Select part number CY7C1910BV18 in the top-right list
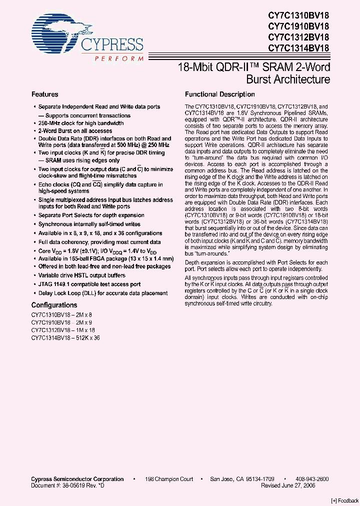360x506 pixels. (x=298, y=25)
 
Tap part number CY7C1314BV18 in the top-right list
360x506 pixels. (x=298, y=48)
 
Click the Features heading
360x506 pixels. (x=45, y=94)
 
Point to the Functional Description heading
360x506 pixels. (x=219, y=94)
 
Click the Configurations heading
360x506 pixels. (x=54, y=305)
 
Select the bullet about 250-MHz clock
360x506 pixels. (x=81, y=123)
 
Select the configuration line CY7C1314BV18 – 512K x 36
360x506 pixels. (x=65, y=338)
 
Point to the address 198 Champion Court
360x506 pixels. (x=169, y=479)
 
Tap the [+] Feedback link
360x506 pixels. (x=344, y=500)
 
